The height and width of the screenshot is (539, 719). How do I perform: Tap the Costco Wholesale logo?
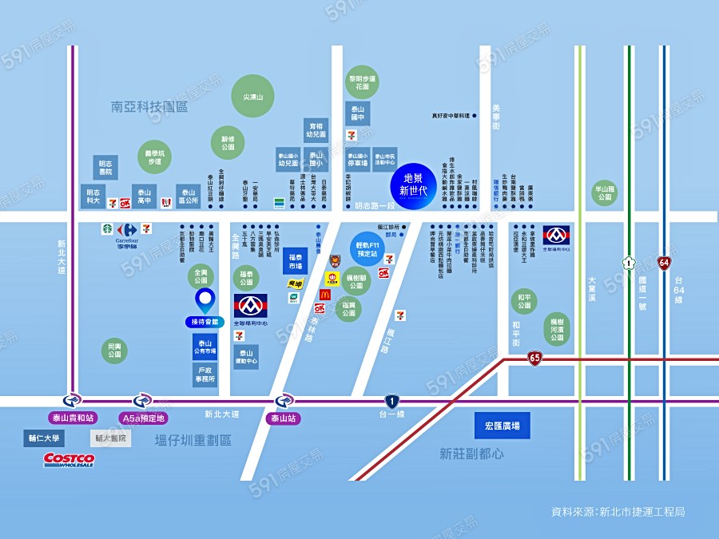70,459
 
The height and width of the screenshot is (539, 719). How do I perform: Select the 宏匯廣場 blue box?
502,426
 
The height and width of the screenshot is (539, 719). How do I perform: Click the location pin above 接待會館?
205,301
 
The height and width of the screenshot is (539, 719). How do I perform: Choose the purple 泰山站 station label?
284,417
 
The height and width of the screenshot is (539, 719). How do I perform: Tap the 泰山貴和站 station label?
73,417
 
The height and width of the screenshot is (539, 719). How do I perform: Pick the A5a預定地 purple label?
143,417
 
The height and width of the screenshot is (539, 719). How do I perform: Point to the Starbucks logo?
106,229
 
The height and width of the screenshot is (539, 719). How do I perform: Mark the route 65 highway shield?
534,359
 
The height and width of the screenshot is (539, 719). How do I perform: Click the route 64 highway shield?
665,262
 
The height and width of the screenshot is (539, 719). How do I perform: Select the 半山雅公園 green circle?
604,192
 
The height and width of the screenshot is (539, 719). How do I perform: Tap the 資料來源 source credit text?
617,511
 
